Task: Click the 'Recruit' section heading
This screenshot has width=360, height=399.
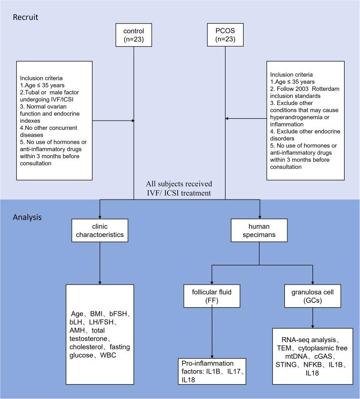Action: [26, 17]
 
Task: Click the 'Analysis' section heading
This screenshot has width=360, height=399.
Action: [27, 217]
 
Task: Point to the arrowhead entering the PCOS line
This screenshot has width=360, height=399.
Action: [228, 118]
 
